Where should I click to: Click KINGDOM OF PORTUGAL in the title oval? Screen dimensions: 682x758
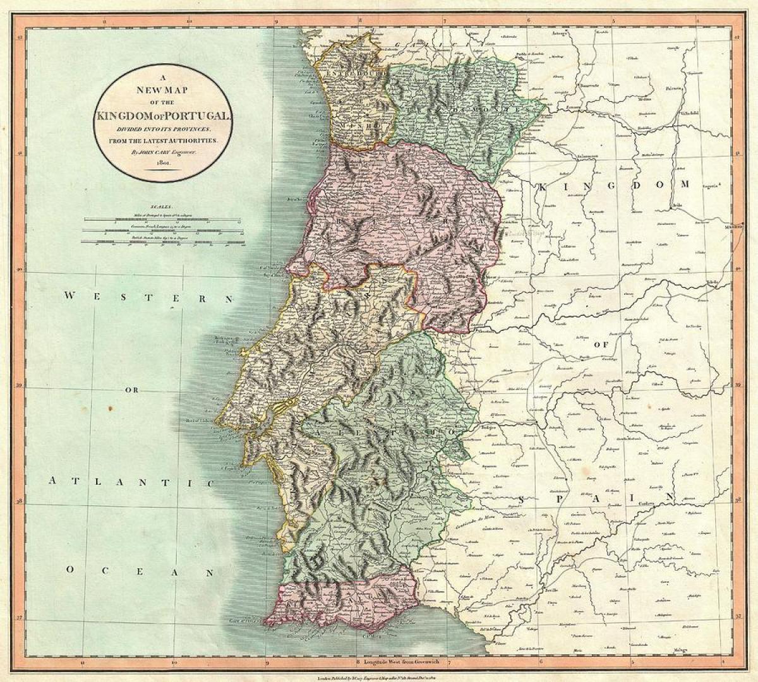[x=163, y=116]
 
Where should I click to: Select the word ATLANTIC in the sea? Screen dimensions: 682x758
[x=132, y=482]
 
